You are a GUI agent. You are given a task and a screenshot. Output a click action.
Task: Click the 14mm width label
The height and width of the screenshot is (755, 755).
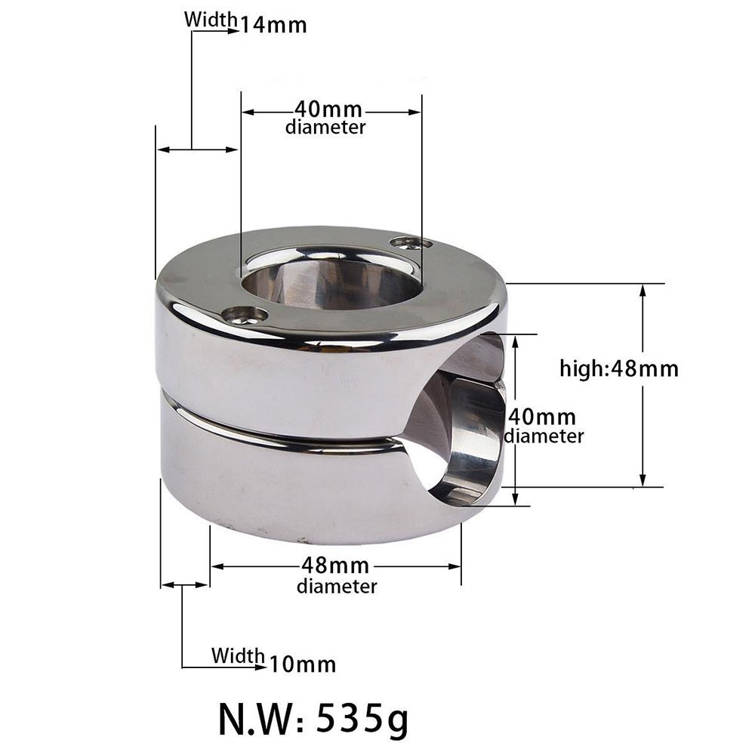tap(273, 24)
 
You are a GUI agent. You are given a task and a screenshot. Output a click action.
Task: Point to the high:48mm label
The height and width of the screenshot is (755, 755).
tap(618, 368)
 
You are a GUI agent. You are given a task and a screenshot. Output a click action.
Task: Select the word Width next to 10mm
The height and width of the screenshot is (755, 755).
tap(238, 655)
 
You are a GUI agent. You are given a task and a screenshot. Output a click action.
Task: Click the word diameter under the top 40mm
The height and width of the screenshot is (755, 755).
tap(325, 128)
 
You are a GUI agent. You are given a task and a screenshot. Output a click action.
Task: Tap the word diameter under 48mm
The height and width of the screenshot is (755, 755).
tap(337, 586)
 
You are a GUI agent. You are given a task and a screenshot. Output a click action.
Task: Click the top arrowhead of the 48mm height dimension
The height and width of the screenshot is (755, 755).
tap(643, 288)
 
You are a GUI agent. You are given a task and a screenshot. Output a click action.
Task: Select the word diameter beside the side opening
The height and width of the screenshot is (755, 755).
tap(544, 436)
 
